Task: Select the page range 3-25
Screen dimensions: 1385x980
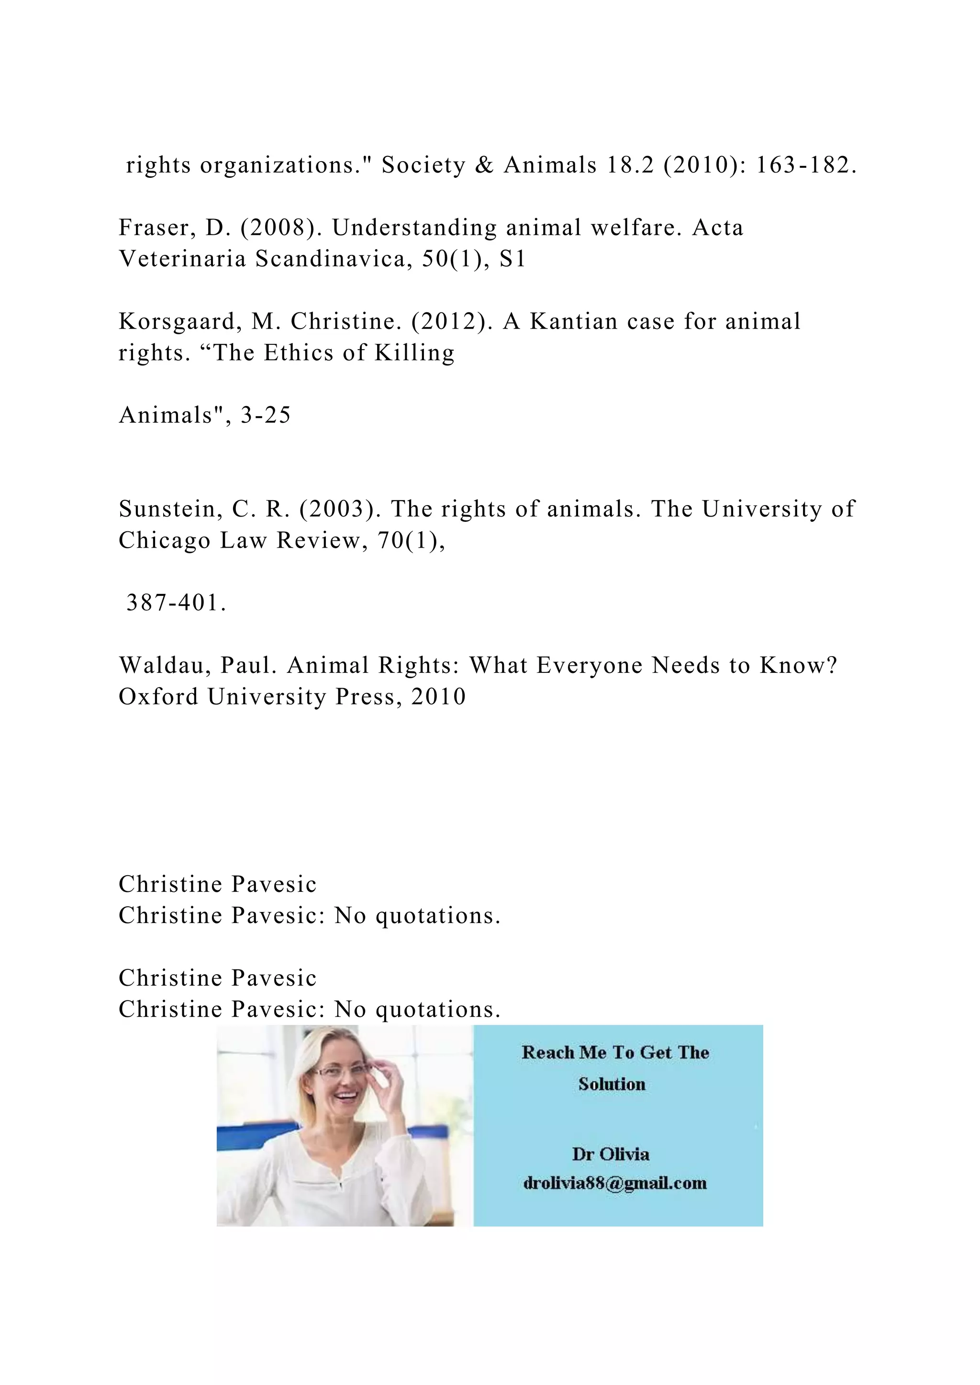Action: pyautogui.click(x=266, y=415)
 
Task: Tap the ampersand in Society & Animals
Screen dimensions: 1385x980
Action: pyautogui.click(x=484, y=165)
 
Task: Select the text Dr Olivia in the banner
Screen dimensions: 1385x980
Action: pyautogui.click(x=610, y=1154)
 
